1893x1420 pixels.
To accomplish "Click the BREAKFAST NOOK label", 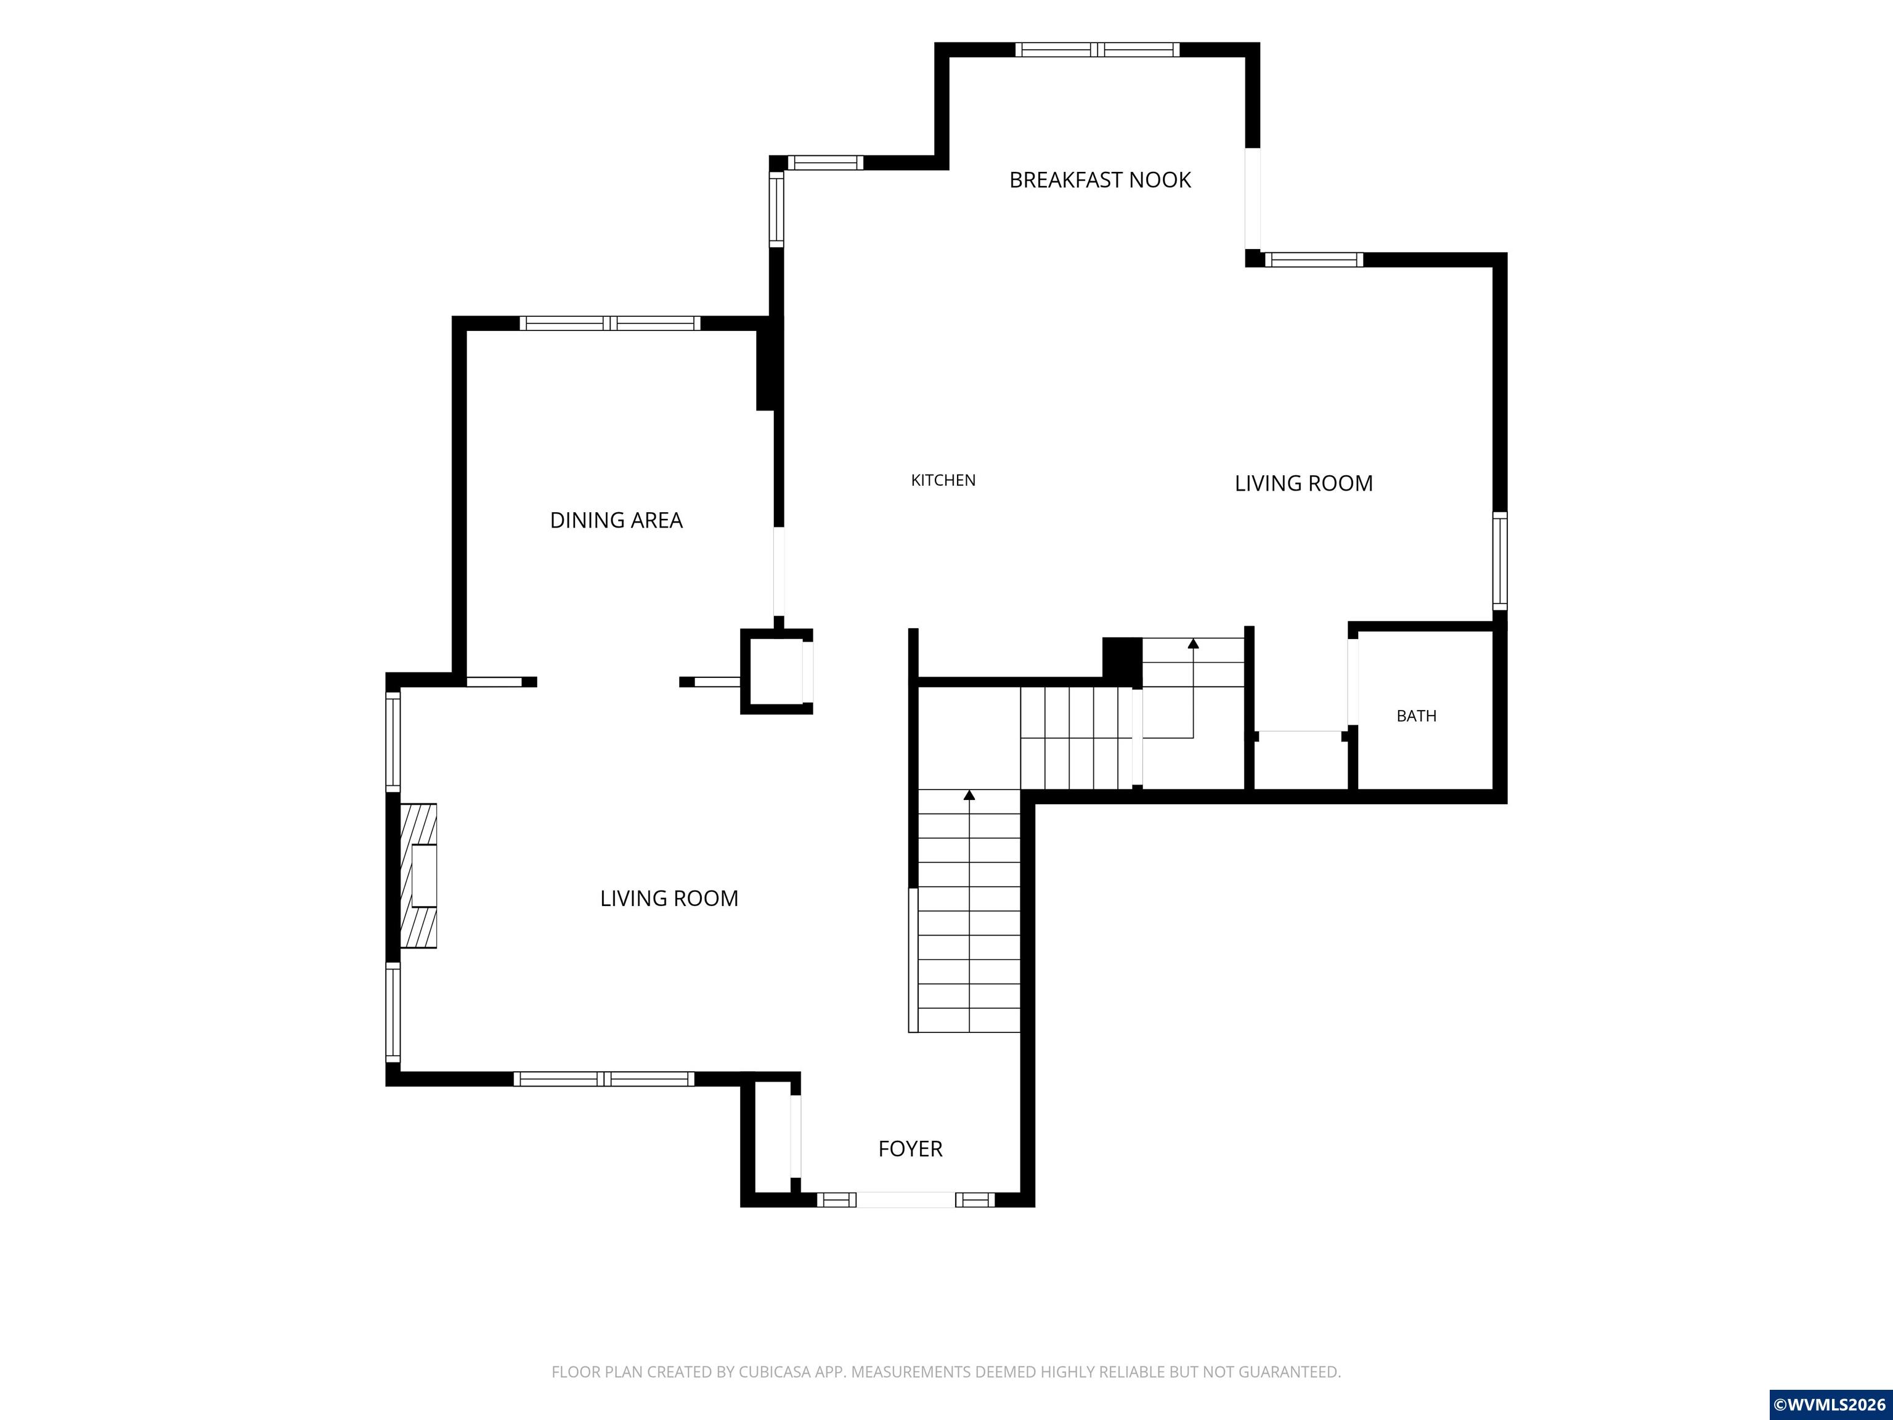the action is pyautogui.click(x=1100, y=180).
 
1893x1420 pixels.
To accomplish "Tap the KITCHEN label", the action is pyautogui.click(x=943, y=480).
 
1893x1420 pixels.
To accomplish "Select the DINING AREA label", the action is pyautogui.click(x=616, y=520).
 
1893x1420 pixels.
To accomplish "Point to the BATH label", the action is pyautogui.click(x=1416, y=716).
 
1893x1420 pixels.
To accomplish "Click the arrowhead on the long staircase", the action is pyautogui.click(x=969, y=795).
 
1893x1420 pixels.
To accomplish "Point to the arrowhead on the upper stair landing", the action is pyautogui.click(x=1193, y=643).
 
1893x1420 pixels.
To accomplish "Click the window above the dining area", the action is pyautogui.click(x=610, y=324).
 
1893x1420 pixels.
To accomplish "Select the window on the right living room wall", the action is pyautogui.click(x=1499, y=561).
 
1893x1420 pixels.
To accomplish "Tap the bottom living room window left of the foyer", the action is pyautogui.click(x=603, y=1079).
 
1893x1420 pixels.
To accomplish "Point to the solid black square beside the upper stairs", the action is pyautogui.click(x=1122, y=660).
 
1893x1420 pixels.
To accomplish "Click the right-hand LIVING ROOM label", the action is pyautogui.click(x=1303, y=484).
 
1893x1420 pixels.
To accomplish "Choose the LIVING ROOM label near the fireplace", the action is pyautogui.click(x=669, y=899).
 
